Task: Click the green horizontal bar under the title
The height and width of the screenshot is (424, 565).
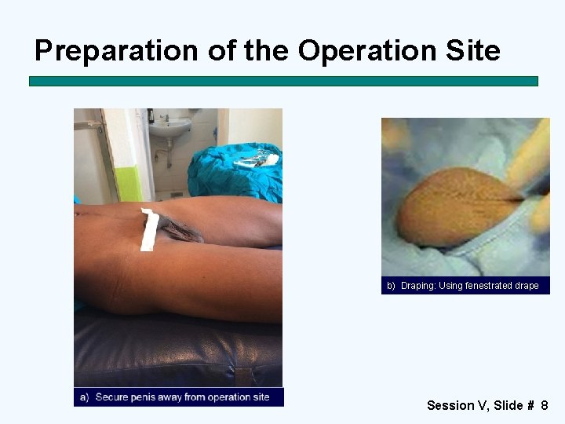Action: tap(283, 81)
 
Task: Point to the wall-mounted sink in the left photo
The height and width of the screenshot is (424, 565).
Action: tap(169, 126)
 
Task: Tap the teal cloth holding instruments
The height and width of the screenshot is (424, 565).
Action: tap(235, 173)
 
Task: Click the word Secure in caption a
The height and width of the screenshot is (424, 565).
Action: tap(112, 397)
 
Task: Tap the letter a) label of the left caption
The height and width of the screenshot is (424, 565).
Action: tap(84, 397)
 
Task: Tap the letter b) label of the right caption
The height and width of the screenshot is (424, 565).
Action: tap(391, 286)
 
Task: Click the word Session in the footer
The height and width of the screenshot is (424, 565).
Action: tap(450, 405)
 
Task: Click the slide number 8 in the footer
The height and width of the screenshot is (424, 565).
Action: tap(544, 405)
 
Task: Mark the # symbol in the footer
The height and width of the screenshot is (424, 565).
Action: tap(530, 405)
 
